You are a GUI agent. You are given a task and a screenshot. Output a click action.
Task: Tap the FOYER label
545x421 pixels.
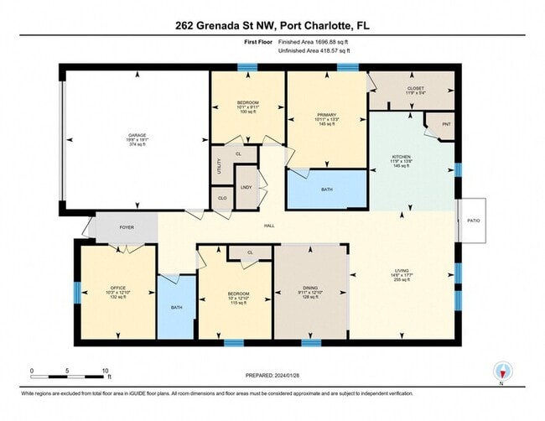click(126, 226)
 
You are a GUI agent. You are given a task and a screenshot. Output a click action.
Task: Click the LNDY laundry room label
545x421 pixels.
click(247, 188)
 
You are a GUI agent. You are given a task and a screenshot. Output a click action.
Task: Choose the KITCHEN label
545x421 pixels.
click(401, 156)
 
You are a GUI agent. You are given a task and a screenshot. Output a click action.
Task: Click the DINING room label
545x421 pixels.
click(310, 288)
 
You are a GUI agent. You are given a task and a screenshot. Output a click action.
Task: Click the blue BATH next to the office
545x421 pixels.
click(177, 307)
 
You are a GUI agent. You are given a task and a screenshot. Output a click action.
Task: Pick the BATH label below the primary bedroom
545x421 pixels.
click(326, 190)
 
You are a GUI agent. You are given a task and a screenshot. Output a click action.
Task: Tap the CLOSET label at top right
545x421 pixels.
click(415, 86)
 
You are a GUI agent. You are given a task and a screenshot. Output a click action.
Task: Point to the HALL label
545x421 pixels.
click(270, 226)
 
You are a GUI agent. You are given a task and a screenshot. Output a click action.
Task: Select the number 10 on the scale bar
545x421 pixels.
click(106, 370)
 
